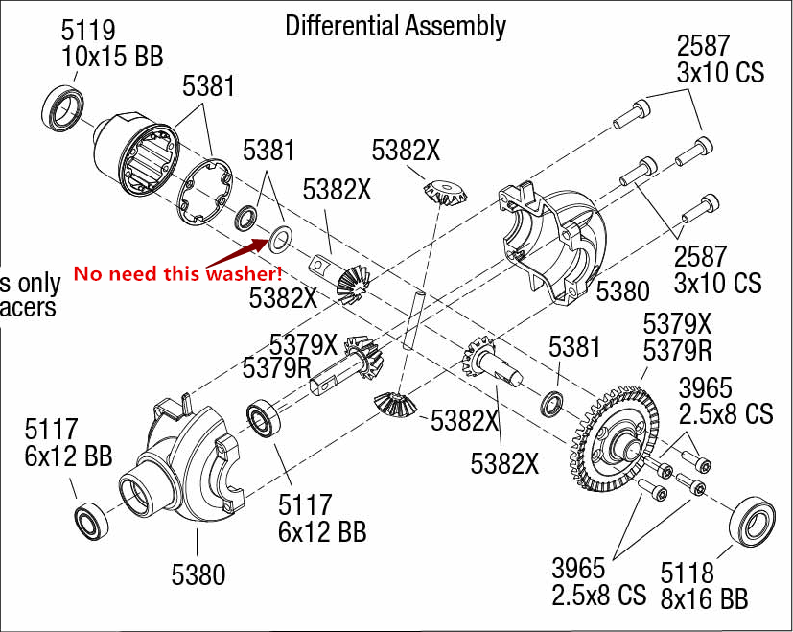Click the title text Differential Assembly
point(395,26)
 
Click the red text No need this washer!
point(178,274)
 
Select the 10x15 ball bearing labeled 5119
point(68,108)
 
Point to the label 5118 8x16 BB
point(703,586)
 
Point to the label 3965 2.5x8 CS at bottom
point(598,579)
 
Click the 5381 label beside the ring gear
point(574,347)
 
